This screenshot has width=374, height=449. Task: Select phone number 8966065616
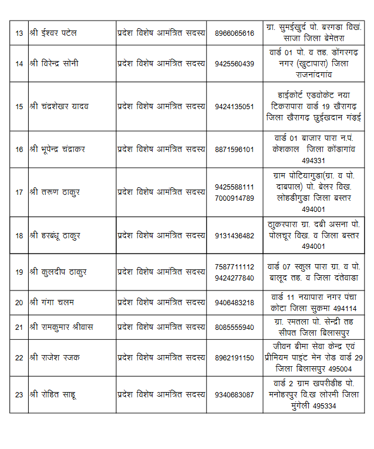click(234, 33)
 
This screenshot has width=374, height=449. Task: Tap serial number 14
click(19, 64)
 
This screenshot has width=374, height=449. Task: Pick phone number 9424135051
click(234, 107)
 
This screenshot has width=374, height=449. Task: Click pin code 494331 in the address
click(314, 161)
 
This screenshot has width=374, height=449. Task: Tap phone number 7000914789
click(234, 198)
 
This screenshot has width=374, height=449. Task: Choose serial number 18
click(19, 235)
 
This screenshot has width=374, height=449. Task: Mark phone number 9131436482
click(234, 235)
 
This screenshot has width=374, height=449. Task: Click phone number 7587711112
click(234, 266)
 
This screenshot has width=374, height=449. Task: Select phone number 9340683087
click(234, 394)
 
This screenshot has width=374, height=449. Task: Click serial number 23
click(19, 394)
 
